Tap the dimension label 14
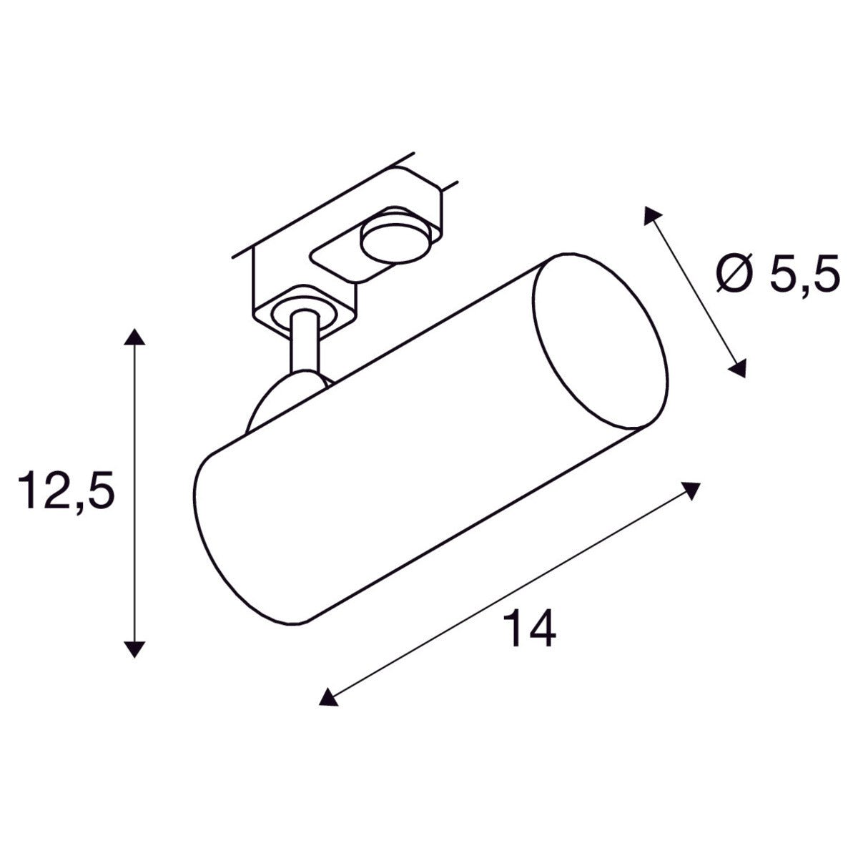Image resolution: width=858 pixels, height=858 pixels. tap(530, 627)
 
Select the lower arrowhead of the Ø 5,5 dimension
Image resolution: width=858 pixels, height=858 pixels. tap(737, 368)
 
